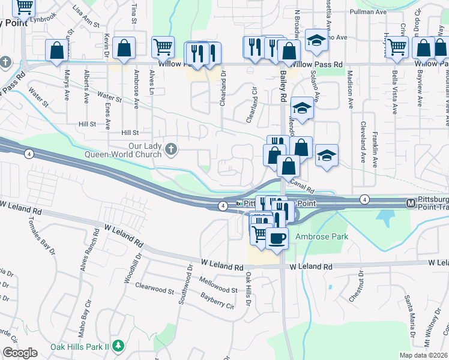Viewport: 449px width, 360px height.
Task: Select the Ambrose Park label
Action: pos(322,237)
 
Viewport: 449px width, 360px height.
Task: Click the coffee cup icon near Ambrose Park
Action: pos(277,238)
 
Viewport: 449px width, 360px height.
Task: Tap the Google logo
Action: pos(20,353)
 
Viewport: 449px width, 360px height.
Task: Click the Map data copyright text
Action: pos(421,355)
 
